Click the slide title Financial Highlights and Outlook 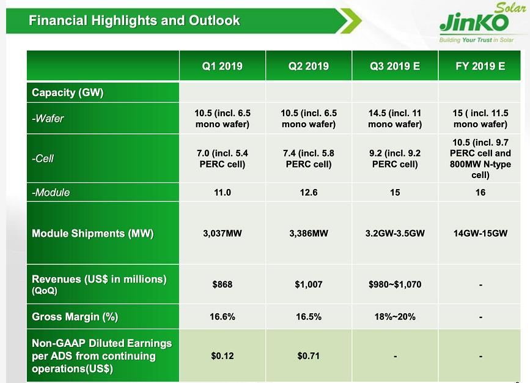134,21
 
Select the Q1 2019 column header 223,66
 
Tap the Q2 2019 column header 309,66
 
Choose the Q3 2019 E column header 395,66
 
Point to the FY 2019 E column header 480,66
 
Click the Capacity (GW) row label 68,93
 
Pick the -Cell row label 43,158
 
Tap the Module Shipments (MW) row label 92,234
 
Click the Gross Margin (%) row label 75,317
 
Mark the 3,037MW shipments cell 223,234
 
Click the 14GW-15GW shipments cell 480,234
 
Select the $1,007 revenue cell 309,284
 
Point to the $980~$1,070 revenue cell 395,284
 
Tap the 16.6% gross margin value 223,317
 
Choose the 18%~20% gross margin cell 395,317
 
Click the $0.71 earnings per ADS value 309,356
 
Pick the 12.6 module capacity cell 309,193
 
